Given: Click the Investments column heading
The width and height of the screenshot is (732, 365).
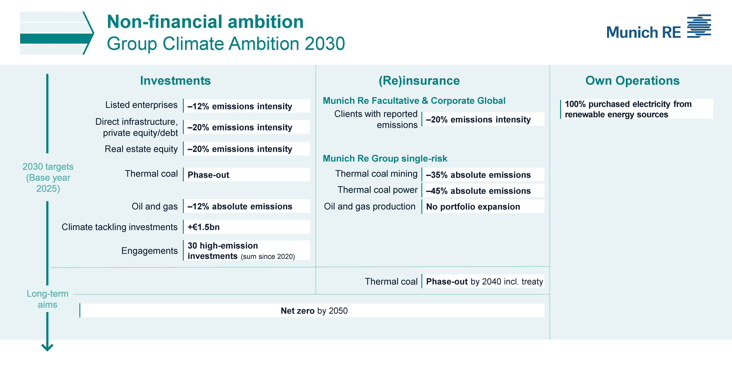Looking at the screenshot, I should click(x=175, y=81).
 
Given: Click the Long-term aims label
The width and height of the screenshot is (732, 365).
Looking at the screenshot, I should click(x=47, y=299).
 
